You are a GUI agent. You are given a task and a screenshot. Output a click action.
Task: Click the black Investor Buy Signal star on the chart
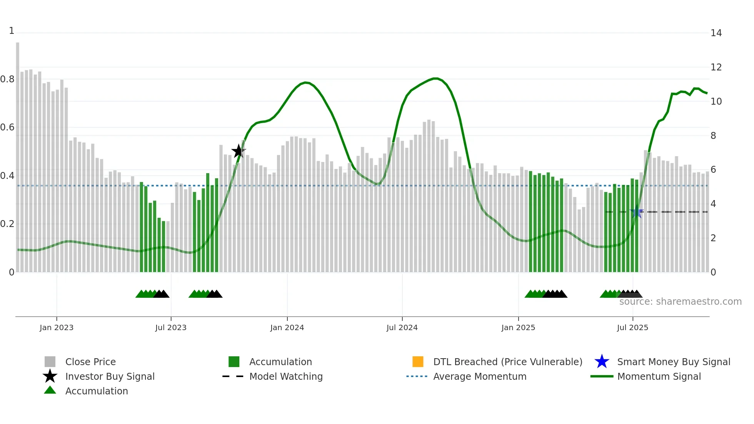pos(238,151)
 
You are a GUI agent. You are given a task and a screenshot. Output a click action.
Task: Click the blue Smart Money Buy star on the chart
pos(637,212)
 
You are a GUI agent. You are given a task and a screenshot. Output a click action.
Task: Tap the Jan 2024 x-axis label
pos(287,327)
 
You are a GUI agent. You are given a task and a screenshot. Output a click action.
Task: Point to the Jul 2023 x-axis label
pos(171,327)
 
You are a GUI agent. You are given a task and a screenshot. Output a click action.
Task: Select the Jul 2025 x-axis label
pos(632,327)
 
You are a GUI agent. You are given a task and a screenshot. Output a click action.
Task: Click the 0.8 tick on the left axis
pos(7,79)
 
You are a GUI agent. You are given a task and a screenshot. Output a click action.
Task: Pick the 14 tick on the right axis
pos(716,33)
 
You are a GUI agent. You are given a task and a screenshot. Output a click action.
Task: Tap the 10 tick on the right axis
pos(716,102)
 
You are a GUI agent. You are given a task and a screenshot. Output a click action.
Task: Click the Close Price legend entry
pos(90,362)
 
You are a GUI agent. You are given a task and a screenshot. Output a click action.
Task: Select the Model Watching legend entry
pos(286,376)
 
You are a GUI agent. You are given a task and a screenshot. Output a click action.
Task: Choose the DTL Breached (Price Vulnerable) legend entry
pos(507,362)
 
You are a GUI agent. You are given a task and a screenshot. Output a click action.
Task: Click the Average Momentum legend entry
pos(479,376)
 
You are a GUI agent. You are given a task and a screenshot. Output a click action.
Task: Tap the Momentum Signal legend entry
pos(659,376)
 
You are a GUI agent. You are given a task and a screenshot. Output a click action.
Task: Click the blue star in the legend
pos(602,362)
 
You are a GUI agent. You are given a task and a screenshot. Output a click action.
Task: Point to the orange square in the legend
pos(418,362)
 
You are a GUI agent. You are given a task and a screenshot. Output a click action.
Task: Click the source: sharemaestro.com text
pos(680,302)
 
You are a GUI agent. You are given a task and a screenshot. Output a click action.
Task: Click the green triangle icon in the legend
pos(50,390)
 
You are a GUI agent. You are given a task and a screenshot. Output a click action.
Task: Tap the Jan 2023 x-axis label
pos(57,327)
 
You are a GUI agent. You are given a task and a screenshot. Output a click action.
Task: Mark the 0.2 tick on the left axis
pos(7,224)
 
